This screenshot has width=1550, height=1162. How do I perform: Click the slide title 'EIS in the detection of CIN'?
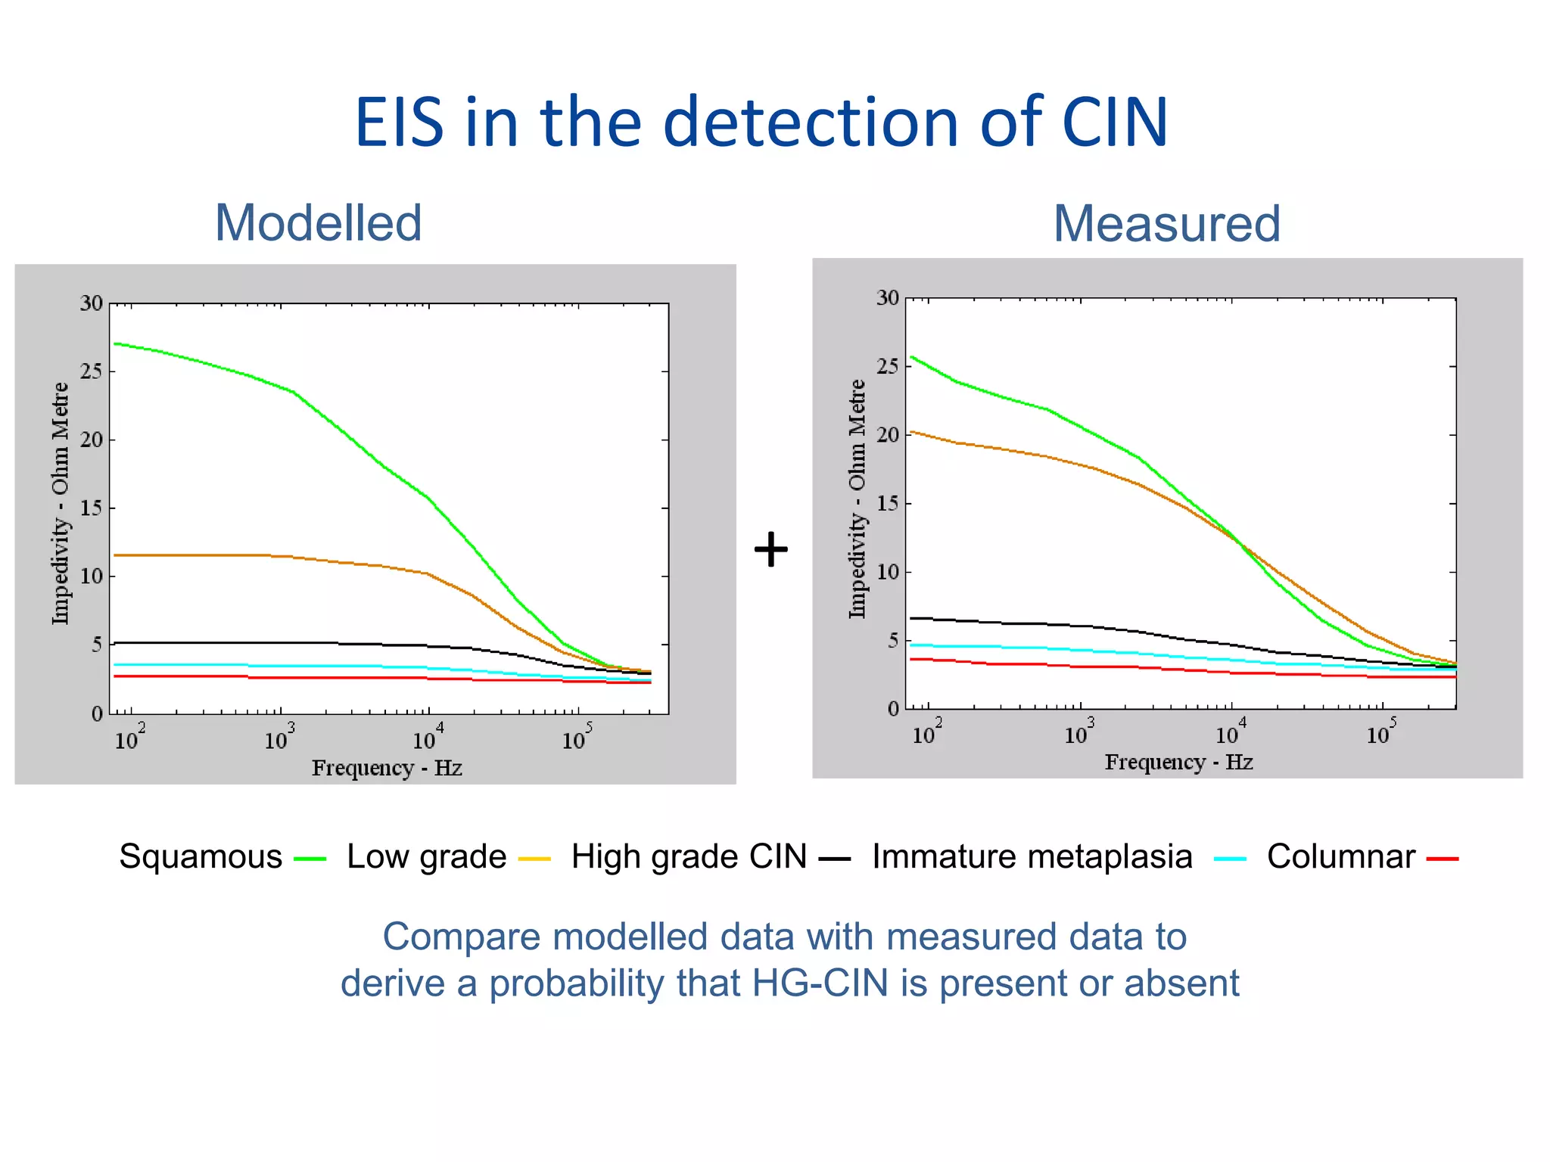761,123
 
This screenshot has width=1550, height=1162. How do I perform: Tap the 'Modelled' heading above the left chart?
318,223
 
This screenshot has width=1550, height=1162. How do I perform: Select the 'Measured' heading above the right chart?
1166,224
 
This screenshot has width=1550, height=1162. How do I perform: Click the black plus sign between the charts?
771,549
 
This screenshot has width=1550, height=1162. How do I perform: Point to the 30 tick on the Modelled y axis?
92,304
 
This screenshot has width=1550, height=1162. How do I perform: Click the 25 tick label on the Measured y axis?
888,367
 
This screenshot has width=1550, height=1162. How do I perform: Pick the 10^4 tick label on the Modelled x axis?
428,737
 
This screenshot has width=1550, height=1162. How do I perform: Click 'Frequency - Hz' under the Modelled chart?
387,768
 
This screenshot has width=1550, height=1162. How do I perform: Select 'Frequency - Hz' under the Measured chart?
1178,762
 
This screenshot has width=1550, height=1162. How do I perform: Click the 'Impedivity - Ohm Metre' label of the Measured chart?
856,499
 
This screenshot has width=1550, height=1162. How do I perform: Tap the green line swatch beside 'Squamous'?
310,859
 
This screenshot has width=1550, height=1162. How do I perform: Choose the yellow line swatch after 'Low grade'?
534,859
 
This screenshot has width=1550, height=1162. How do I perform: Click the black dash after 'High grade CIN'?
835,859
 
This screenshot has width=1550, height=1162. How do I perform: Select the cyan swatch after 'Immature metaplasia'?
1229,859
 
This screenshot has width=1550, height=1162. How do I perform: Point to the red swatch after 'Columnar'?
1442,859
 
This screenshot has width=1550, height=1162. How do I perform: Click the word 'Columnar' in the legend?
1340,856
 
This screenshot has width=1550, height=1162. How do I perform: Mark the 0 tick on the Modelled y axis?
97,714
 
